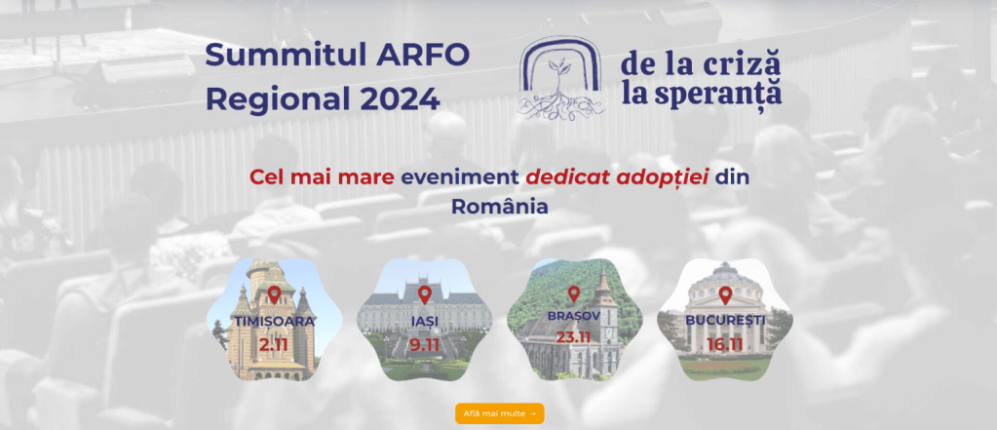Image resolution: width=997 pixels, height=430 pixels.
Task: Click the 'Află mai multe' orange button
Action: coord(499,413)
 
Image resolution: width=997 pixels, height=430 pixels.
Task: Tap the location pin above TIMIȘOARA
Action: coord(274,295)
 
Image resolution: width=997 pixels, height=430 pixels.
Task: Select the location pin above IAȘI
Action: coord(424,293)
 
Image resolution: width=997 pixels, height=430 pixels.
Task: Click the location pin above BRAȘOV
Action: coord(574,293)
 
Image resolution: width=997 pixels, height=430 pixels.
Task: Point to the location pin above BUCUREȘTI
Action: coord(725,294)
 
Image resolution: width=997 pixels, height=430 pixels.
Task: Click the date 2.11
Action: coord(274,343)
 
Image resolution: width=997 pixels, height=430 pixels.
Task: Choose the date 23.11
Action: coord(574,337)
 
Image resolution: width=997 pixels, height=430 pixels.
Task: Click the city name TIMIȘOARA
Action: coord(274,321)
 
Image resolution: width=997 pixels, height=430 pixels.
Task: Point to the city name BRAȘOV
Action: coord(574,317)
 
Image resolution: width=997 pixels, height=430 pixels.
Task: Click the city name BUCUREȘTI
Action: coord(725,319)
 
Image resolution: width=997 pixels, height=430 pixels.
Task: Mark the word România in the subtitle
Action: coord(499,207)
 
